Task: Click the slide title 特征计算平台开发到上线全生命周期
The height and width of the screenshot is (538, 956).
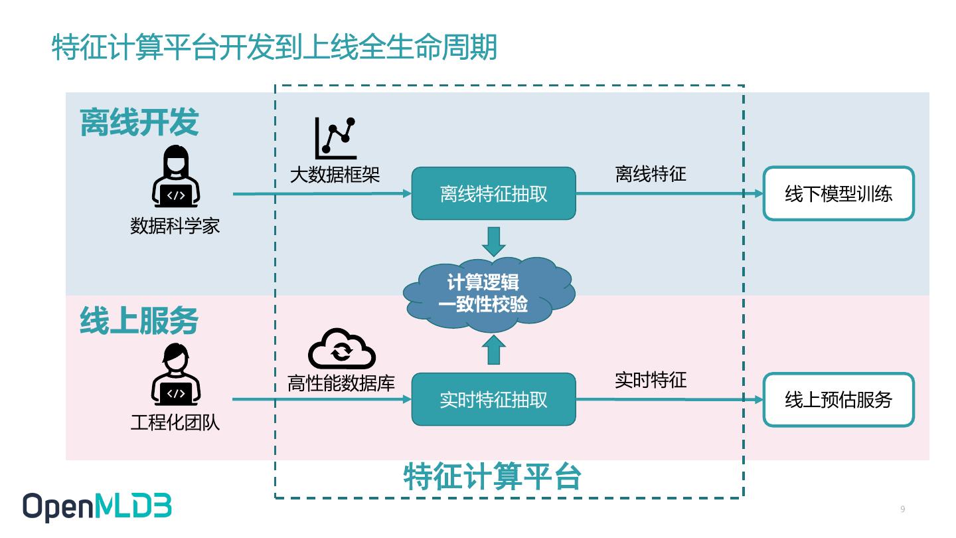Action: tap(274, 48)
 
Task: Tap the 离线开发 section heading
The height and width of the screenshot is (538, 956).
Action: tap(139, 123)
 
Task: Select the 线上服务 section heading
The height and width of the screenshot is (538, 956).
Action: tap(139, 321)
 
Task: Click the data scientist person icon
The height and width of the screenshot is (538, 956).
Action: tap(175, 178)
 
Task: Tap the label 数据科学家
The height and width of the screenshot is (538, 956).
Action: tap(175, 226)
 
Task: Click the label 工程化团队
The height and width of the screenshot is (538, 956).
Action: tap(175, 422)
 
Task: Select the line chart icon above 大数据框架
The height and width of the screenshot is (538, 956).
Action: tap(335, 137)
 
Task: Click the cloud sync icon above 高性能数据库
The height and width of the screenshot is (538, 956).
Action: tap(342, 349)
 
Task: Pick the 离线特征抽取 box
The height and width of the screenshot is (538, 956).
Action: tap(493, 194)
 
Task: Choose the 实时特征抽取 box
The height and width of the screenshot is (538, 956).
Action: tap(493, 399)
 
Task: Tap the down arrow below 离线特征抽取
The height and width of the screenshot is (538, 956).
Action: tap(493, 242)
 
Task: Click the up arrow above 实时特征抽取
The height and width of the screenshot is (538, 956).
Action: tap(493, 350)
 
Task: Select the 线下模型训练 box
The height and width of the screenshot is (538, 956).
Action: tap(838, 194)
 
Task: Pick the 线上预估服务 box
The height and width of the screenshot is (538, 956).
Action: tap(838, 400)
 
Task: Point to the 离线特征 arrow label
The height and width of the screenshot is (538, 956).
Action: tap(650, 175)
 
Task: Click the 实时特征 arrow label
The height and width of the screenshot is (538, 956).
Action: tap(650, 381)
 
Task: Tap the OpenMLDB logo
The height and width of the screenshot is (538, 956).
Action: tap(98, 507)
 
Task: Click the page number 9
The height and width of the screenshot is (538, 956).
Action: tap(902, 509)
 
